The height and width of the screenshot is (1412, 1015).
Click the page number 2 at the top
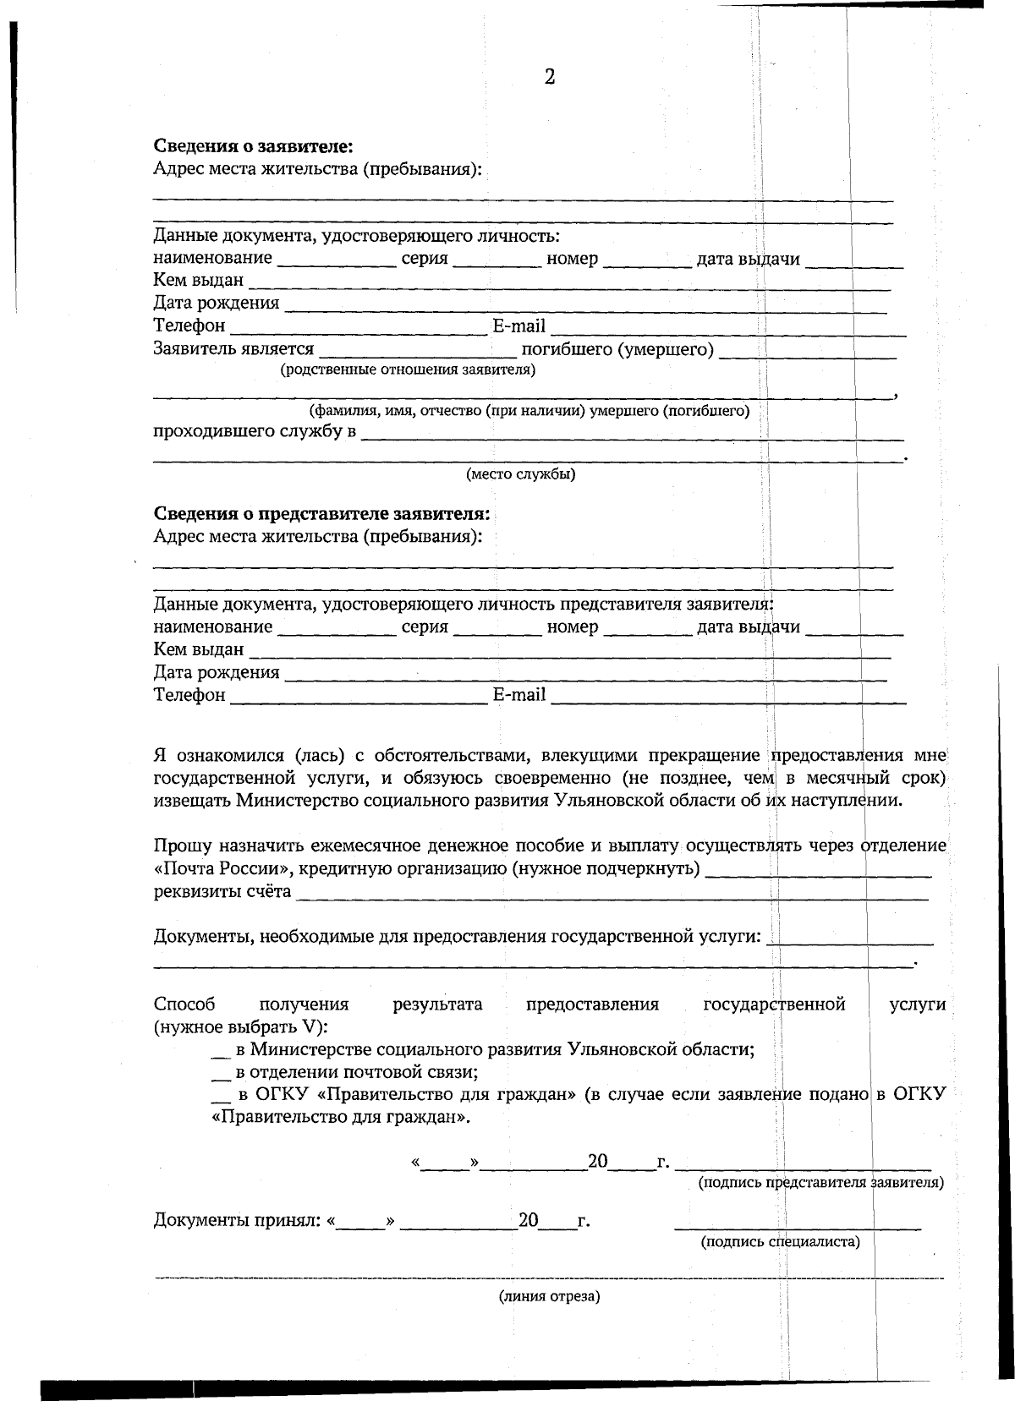point(549,78)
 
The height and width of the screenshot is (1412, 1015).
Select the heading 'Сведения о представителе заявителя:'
point(321,514)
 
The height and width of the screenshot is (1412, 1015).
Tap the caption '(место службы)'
point(520,474)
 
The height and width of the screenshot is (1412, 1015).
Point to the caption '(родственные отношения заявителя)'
point(408,369)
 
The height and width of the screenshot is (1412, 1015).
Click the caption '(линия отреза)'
point(549,1296)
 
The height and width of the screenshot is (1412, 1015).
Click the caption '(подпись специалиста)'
point(780,1241)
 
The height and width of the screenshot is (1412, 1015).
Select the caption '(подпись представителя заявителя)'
point(820,1182)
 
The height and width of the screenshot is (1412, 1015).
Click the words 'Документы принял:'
point(237,1220)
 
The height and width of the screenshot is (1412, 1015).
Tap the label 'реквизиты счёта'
point(222,891)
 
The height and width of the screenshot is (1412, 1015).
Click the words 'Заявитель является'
point(233,348)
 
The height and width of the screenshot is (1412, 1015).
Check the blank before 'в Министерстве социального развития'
point(220,1051)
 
